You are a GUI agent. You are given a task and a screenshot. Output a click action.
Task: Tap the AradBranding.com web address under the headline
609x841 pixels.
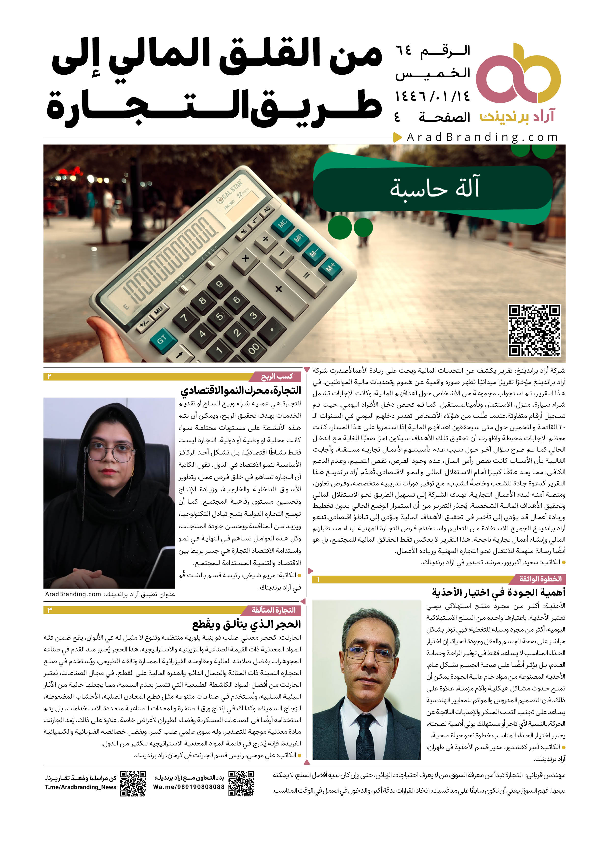[x=482, y=137]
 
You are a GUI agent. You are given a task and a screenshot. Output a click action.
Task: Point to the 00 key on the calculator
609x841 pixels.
[x=254, y=349]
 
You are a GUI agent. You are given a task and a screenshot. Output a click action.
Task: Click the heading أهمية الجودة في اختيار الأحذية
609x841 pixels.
[x=498, y=593]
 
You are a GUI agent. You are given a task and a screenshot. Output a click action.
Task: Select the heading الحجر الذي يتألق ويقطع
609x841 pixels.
[x=246, y=624]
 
